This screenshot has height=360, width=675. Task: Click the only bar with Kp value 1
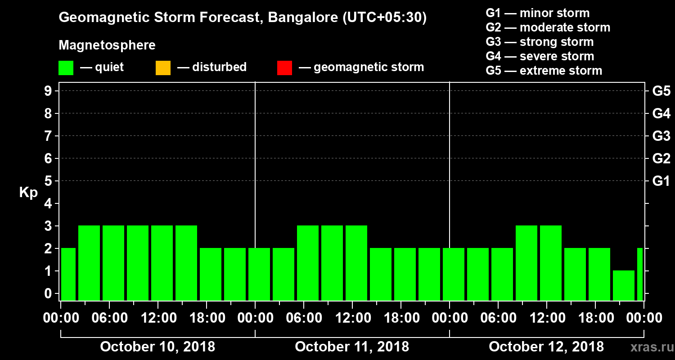click(x=624, y=285)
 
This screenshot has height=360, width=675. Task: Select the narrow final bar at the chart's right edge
click(x=640, y=274)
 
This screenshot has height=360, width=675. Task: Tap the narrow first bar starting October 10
click(x=68, y=274)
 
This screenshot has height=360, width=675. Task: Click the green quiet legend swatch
click(x=66, y=68)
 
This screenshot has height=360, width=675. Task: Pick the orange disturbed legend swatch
click(x=163, y=68)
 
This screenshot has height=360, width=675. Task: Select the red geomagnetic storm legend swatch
click(x=284, y=68)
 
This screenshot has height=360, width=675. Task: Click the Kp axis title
click(x=28, y=193)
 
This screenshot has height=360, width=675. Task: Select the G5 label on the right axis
click(x=661, y=91)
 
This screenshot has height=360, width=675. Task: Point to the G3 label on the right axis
click(x=661, y=136)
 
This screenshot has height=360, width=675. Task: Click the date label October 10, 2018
click(x=157, y=347)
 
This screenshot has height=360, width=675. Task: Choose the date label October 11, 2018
click(x=352, y=347)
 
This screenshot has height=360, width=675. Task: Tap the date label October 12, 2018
click(x=546, y=347)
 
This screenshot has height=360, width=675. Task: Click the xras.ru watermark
click(x=648, y=347)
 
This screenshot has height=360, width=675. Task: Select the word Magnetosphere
click(x=107, y=45)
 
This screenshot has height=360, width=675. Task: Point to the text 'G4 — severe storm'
click(x=540, y=56)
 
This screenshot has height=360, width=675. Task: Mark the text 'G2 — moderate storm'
click(x=548, y=27)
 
